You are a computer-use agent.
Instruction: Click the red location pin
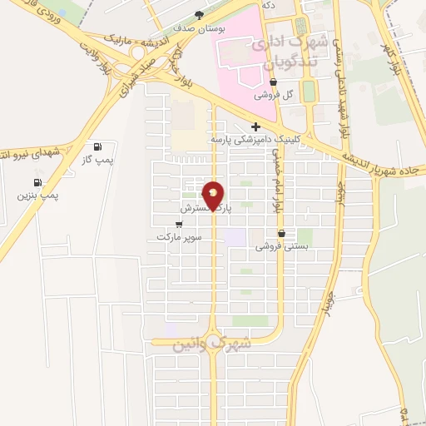point(214,196)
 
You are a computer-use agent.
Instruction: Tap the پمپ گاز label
point(99,160)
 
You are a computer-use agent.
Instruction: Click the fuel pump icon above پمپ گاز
point(100,146)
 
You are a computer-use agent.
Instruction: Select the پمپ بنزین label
point(38,196)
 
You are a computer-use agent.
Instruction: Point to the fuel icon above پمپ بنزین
point(37,182)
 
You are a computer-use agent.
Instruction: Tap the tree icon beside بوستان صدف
point(198,14)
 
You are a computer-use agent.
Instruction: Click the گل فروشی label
point(275,95)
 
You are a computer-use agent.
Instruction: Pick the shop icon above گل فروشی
point(274,82)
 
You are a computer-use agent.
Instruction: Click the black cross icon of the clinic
point(244,126)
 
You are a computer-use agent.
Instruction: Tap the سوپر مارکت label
point(179,237)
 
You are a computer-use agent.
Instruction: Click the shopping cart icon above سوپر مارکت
point(180,224)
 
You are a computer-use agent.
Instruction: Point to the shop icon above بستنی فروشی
point(282,233)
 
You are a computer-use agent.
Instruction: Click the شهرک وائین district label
point(208,344)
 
